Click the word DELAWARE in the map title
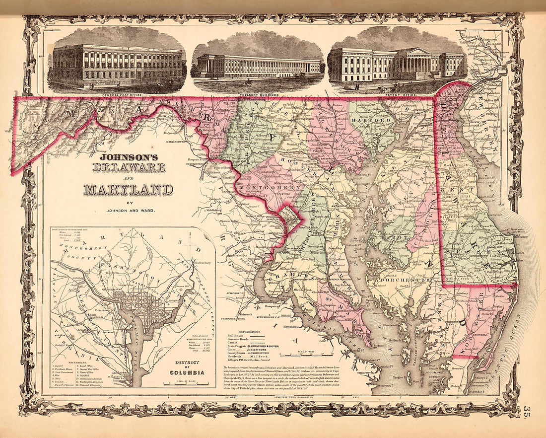[129, 167]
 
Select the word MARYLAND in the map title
[129, 189]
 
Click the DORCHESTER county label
[404, 280]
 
